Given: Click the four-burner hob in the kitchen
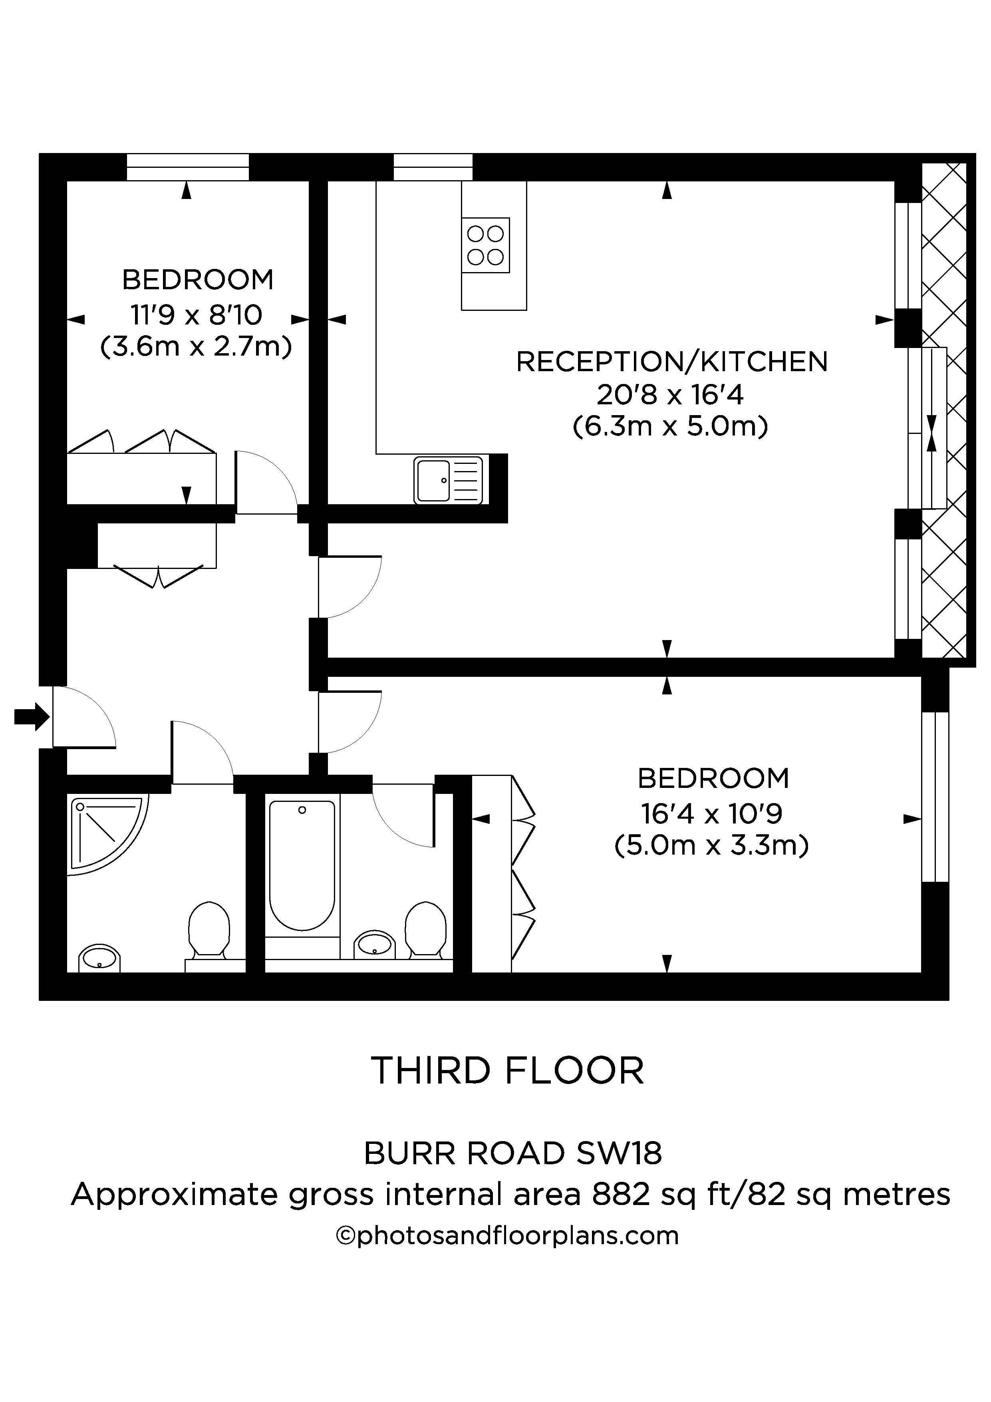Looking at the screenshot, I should pos(485,245).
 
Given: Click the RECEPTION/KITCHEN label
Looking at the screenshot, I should pos(672,362).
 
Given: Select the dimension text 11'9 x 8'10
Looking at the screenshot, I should pos(196,315).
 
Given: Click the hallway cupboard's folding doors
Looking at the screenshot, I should pos(157,577).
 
